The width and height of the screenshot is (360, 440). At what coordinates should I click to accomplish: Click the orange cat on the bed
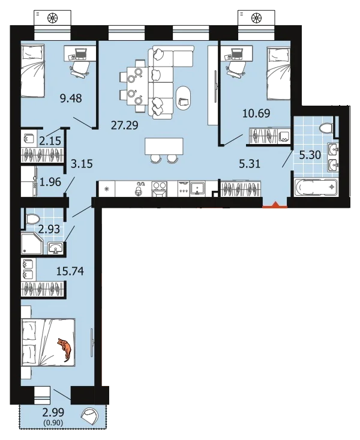[65, 349]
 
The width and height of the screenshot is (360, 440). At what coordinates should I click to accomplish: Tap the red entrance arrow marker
[275, 205]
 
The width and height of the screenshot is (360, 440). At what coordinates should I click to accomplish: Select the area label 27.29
[125, 125]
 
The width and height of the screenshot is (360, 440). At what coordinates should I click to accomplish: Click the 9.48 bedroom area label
[71, 98]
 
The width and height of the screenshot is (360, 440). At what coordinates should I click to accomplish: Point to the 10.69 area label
[256, 113]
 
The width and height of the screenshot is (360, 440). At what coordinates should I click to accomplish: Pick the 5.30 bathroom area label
[310, 155]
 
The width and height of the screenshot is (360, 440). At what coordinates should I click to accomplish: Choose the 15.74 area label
[70, 271]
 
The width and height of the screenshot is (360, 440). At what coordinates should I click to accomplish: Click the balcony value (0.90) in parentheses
[53, 423]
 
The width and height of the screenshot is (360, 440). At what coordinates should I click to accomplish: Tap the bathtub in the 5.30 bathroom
[316, 187]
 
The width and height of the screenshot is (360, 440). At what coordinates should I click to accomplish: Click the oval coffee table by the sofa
[184, 99]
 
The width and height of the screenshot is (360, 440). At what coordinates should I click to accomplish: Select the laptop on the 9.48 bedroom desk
[81, 54]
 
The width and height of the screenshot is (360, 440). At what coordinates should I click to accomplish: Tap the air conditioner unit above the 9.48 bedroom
[52, 18]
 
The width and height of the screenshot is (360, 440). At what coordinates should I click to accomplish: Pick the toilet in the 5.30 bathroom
[326, 128]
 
